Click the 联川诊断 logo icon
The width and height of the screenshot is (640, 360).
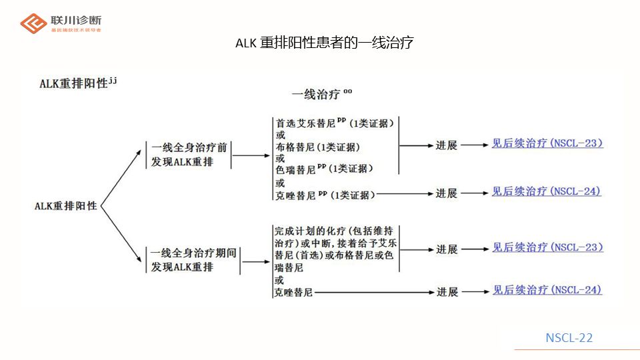click(34, 23)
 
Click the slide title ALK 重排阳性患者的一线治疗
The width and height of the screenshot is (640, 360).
click(325, 43)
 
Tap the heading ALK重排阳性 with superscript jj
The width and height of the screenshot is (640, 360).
click(78, 83)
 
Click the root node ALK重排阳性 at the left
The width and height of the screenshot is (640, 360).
click(66, 206)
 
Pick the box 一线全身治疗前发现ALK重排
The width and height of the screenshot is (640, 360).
click(189, 154)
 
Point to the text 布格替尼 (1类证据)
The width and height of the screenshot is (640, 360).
click(317, 147)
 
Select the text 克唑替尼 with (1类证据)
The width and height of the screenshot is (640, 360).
click(325, 195)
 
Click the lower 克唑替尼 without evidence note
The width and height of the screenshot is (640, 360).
click(293, 293)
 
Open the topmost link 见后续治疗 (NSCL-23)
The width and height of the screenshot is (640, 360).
click(547, 143)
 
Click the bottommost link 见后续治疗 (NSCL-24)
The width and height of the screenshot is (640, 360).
click(547, 290)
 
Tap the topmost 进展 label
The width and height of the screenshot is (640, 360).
click(447, 145)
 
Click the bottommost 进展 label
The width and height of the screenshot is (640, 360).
click(447, 292)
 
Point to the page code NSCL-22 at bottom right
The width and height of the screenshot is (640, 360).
click(569, 337)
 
